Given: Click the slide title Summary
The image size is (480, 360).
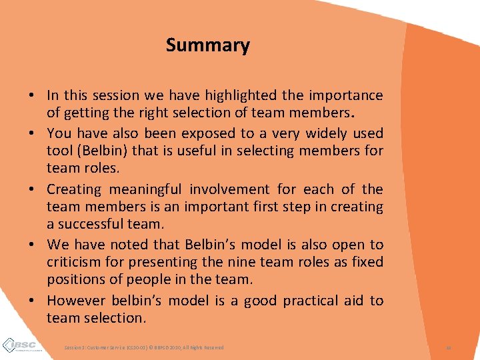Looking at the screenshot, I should pos(207,45).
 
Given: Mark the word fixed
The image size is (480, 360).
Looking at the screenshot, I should pos(365,263).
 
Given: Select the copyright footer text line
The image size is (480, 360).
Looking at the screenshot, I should pos(144,347).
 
